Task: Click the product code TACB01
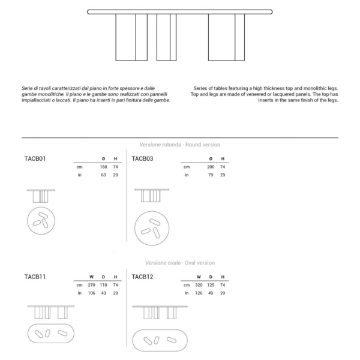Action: coord(35,158)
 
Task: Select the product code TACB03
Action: coord(142,158)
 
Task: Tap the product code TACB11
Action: coord(35,277)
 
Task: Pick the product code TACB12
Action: coord(142,277)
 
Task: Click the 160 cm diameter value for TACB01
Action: coord(103,167)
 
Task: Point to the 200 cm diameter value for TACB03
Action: coord(211,167)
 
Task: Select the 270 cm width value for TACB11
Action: coord(91,285)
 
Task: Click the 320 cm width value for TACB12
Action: coord(199,285)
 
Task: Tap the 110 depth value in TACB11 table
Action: coord(103,285)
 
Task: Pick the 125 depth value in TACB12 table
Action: coord(211,285)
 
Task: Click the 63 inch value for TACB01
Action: coord(104,175)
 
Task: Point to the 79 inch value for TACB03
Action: coord(211,175)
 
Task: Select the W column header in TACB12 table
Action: coord(199,277)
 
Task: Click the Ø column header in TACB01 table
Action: coord(103,158)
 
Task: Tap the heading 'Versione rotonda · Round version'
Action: coord(180,145)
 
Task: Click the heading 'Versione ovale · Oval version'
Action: coord(180,263)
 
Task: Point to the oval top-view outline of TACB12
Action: coord(160,330)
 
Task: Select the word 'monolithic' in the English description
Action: coord(314,88)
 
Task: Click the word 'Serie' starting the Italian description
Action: coord(26,88)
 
